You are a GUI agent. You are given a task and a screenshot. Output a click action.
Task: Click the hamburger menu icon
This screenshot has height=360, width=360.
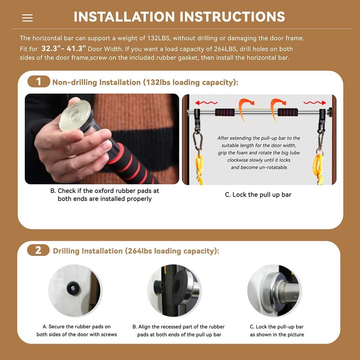[27, 18]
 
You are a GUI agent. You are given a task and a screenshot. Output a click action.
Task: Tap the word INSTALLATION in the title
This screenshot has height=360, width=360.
[124, 17]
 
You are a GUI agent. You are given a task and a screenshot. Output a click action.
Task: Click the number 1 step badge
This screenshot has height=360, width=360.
[39, 81]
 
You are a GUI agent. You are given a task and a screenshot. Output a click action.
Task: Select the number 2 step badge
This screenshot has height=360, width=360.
[39, 250]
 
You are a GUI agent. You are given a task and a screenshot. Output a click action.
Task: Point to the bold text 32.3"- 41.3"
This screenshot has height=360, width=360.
[64, 49]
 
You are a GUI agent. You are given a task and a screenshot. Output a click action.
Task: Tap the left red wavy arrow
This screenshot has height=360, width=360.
[206, 103]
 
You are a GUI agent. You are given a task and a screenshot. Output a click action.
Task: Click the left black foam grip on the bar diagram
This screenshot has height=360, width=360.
[225, 112]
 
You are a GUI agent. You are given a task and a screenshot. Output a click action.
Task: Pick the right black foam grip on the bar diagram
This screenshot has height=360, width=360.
[288, 112]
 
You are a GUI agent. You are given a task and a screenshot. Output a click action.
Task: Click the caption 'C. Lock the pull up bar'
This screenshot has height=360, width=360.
[258, 195]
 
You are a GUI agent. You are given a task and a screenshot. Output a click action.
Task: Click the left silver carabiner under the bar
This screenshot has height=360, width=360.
[198, 140]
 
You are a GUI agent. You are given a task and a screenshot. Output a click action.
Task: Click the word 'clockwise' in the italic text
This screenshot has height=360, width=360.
[238, 160]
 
